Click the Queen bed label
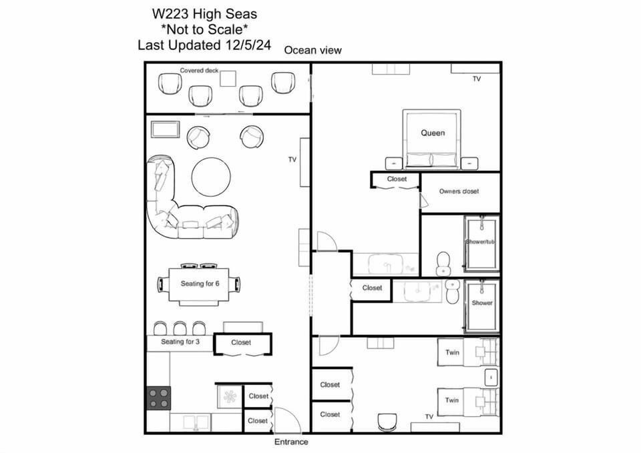tap(433, 133)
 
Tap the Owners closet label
tap(459, 191)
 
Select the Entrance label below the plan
tap(291, 442)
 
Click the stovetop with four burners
tap(159, 398)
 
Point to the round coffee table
tap(211, 177)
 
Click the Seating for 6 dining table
tap(199, 286)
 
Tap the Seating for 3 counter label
tap(180, 342)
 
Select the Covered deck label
tap(199, 70)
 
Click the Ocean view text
tap(312, 50)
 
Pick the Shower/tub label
tap(480, 242)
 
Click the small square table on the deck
tap(228, 79)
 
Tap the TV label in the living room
tap(292, 159)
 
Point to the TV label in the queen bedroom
tap(477, 79)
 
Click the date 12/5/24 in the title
tap(248, 45)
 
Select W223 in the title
tap(170, 14)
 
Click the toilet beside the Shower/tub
tap(443, 264)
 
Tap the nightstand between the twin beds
tap(491, 377)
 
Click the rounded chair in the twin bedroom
tap(387, 422)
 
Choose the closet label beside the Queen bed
tap(397, 179)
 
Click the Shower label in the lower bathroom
tap(482, 303)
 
